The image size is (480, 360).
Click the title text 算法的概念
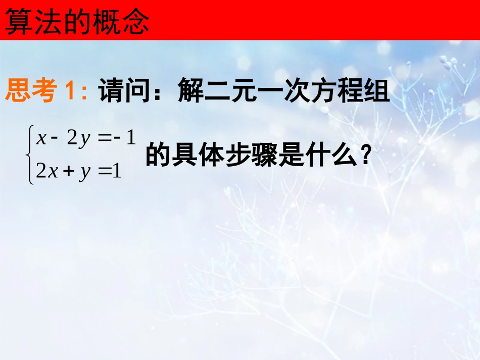tap(77, 22)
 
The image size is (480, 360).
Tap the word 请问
tap(123, 91)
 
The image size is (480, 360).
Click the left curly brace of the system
tap(31, 156)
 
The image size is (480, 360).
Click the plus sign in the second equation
tap(68, 172)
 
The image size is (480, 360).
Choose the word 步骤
tap(251, 156)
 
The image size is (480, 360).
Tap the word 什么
tap(331, 156)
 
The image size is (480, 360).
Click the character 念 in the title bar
tap(136, 22)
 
